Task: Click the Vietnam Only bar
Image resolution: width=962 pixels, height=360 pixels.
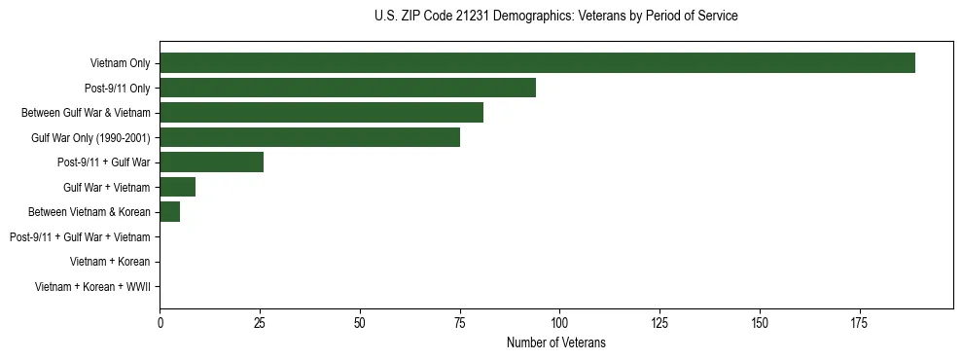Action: coord(537,63)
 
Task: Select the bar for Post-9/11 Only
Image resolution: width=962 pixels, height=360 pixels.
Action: coord(347,88)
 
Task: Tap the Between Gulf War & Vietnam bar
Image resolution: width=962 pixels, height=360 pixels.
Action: coord(321,113)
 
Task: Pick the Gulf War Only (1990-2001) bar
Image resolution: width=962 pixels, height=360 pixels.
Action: coord(309,137)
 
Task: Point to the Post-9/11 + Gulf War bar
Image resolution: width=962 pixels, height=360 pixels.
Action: coord(211,162)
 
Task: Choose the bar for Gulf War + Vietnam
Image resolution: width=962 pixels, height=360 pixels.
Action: coord(177,187)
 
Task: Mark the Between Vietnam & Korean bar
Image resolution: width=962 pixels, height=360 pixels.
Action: coord(169,211)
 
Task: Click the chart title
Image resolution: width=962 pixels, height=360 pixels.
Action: coord(555,17)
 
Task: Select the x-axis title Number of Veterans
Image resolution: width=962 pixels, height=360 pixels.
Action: coord(555,342)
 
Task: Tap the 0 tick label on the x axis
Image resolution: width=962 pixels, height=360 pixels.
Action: coord(160,322)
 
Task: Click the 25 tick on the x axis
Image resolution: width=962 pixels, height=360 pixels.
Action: coord(260,322)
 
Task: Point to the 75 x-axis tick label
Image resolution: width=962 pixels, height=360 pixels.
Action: coord(459,322)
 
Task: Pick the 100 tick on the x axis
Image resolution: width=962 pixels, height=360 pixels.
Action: coord(559,322)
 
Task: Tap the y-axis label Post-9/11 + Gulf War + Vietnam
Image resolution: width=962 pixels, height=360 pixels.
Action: coord(80,236)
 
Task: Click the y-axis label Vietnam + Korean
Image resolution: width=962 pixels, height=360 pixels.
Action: coord(110,261)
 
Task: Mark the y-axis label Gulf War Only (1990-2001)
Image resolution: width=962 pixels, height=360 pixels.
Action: coord(90,137)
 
